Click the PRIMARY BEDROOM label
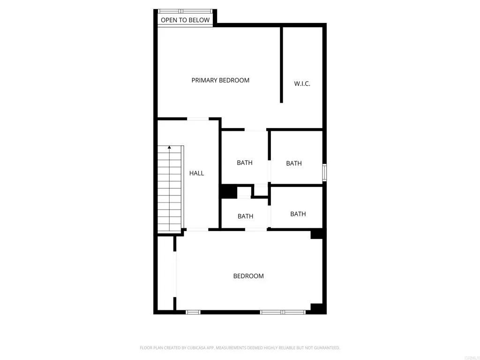tap(220, 80)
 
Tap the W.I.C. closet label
tap(302, 84)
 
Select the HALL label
tap(196, 173)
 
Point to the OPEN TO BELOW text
tap(185, 20)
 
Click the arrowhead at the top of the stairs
tap(169, 148)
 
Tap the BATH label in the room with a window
tap(294, 163)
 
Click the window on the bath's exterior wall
tap(324, 172)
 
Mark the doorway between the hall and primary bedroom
tap(198, 119)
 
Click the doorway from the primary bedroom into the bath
tap(255, 130)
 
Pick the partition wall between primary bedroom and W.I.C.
tap(281, 65)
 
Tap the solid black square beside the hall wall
tap(229, 192)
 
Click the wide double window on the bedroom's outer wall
tap(283, 312)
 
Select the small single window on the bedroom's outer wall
tap(193, 312)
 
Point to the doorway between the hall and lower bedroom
tap(197, 229)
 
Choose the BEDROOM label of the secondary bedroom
tap(248, 276)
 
